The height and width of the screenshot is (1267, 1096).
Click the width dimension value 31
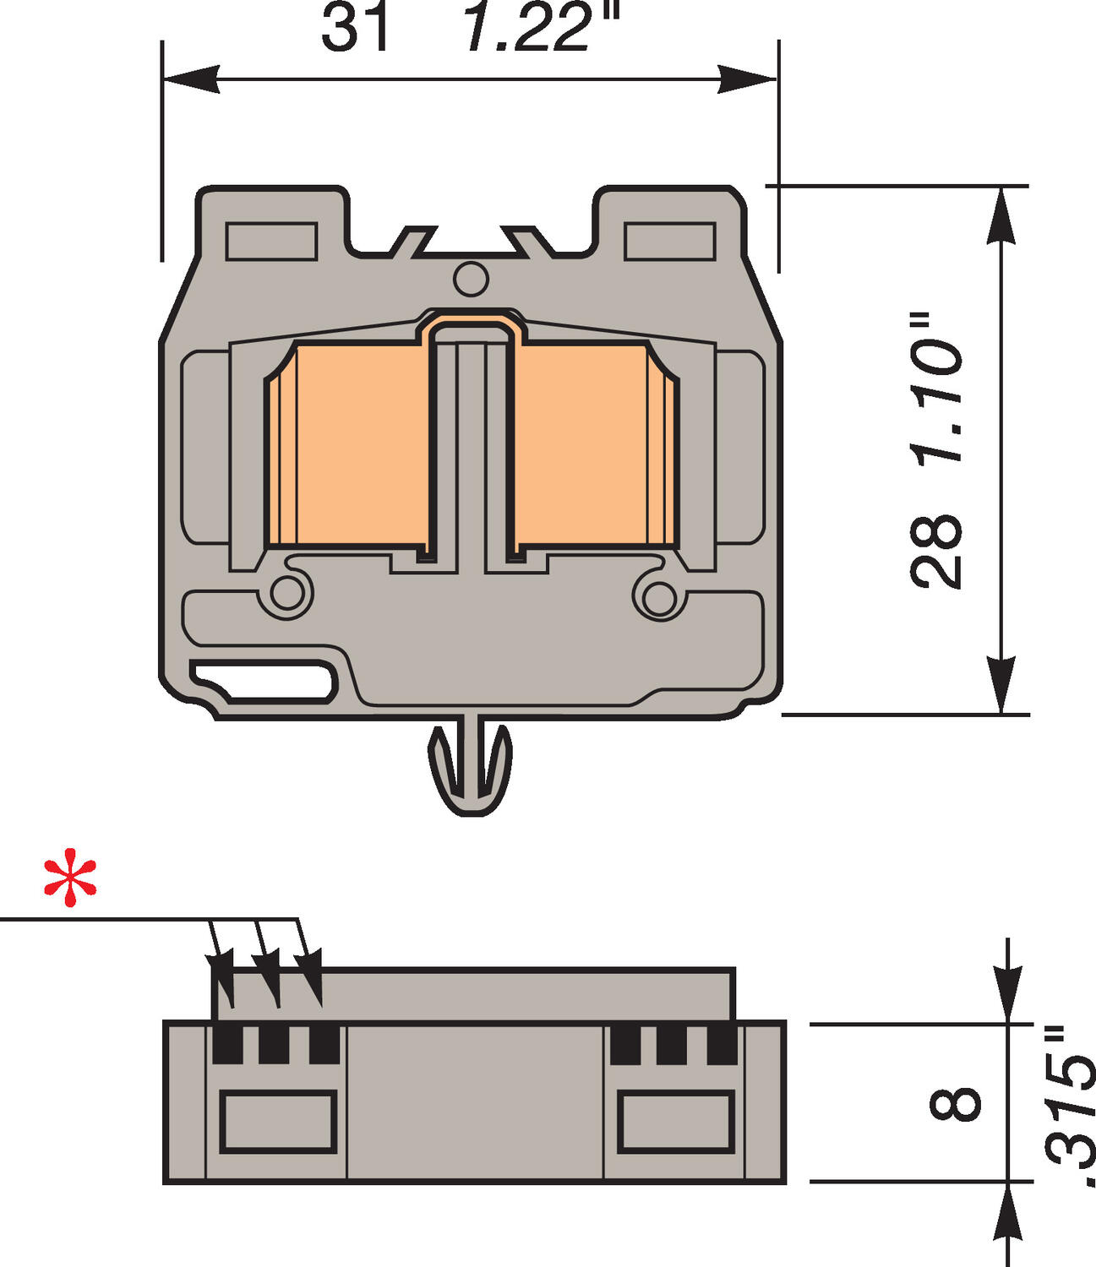[x=357, y=27]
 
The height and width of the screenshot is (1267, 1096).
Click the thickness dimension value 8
[x=956, y=1103]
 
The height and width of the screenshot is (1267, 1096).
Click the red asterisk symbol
[x=71, y=882]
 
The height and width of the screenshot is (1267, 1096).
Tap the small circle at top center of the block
[x=471, y=279]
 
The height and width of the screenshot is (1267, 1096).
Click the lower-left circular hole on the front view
[x=288, y=594]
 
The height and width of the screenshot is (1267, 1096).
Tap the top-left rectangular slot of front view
[x=271, y=241]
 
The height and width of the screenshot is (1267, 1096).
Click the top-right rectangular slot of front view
[x=670, y=241]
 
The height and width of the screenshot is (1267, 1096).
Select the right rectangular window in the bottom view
[x=675, y=1121]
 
